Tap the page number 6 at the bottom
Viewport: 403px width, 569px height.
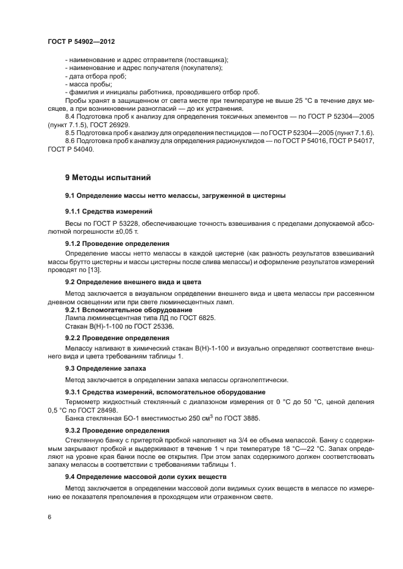tap(49, 517)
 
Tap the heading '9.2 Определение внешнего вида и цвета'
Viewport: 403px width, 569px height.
tap(133, 282)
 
